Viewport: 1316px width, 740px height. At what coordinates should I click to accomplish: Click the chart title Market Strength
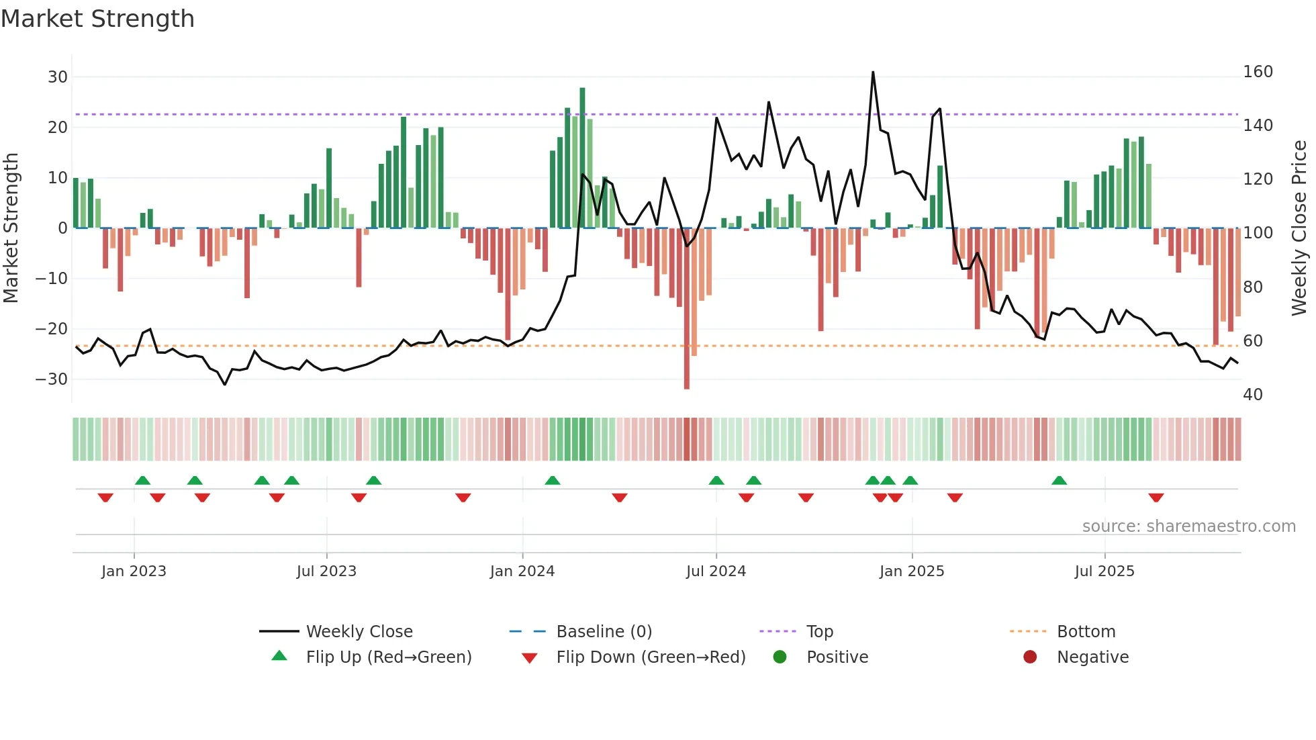pyautogui.click(x=97, y=19)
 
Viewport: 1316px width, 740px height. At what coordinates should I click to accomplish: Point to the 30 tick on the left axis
pyautogui.click(x=58, y=77)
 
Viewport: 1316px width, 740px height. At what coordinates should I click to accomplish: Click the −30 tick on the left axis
pyautogui.click(x=52, y=379)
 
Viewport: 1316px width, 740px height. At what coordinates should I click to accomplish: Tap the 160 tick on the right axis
pyautogui.click(x=1258, y=72)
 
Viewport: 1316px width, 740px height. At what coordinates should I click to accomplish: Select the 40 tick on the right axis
pyautogui.click(x=1253, y=395)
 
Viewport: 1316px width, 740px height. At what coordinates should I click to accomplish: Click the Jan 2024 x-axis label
pyautogui.click(x=522, y=571)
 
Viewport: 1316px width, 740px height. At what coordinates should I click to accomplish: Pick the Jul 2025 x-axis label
pyautogui.click(x=1104, y=571)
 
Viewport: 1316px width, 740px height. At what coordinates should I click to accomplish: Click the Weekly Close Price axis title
pyautogui.click(x=1299, y=228)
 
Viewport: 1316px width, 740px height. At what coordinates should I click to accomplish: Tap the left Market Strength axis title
pyautogui.click(x=11, y=228)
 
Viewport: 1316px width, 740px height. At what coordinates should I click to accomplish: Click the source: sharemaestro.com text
pyautogui.click(x=1188, y=526)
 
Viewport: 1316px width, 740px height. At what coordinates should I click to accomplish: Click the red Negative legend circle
pyautogui.click(x=1029, y=657)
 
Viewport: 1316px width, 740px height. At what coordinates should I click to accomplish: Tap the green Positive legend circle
pyautogui.click(x=780, y=657)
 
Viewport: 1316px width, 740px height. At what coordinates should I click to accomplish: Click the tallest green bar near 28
pyautogui.click(x=582, y=158)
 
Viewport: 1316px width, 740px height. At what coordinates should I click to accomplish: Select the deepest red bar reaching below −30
pyautogui.click(x=686, y=309)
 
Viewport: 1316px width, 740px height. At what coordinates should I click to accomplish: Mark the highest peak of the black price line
pyautogui.click(x=873, y=73)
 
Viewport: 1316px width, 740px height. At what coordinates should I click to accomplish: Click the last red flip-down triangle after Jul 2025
pyautogui.click(x=1156, y=498)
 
